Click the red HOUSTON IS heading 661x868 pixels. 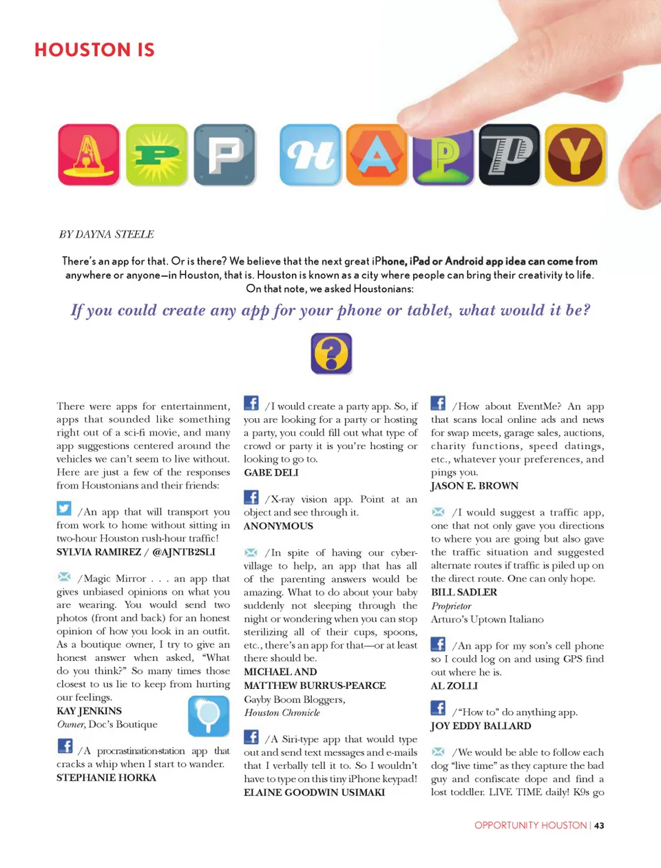point(94,50)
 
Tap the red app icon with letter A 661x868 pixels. point(89,154)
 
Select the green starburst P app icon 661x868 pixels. point(156,154)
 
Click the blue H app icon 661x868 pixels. point(311,154)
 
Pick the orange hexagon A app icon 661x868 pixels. point(377,154)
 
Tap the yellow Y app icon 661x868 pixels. point(576,154)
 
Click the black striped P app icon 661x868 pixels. point(510,154)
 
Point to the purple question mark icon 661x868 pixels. point(331,353)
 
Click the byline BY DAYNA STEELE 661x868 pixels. point(107,234)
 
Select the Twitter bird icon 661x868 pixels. point(64,508)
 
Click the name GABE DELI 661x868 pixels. point(271,473)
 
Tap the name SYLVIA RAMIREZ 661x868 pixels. point(98,552)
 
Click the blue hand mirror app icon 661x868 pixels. point(208,715)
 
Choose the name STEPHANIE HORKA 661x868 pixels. point(106,778)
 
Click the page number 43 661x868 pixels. point(600,825)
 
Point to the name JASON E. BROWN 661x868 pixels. point(474,486)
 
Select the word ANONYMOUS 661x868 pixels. point(278,526)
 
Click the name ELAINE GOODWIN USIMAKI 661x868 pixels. point(314,792)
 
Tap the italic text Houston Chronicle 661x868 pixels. point(282,713)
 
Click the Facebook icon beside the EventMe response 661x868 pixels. point(438,403)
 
